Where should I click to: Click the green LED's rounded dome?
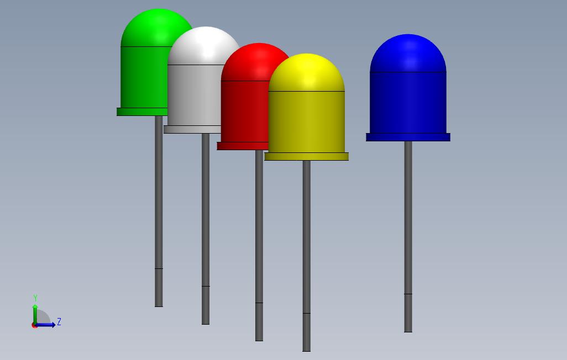click(149, 28)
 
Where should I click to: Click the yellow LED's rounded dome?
click(306, 72)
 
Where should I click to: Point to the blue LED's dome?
click(408, 52)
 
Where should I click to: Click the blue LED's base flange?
click(408, 137)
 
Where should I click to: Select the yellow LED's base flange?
click(306, 157)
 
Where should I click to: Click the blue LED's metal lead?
click(408, 232)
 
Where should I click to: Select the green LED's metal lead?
click(159, 210)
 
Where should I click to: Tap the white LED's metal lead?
click(206, 226)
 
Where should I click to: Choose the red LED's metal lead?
click(259, 243)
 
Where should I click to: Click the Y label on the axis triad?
click(35, 298)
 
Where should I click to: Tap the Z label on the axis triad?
click(59, 322)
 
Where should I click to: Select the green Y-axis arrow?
click(35, 312)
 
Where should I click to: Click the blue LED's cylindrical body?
click(408, 102)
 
